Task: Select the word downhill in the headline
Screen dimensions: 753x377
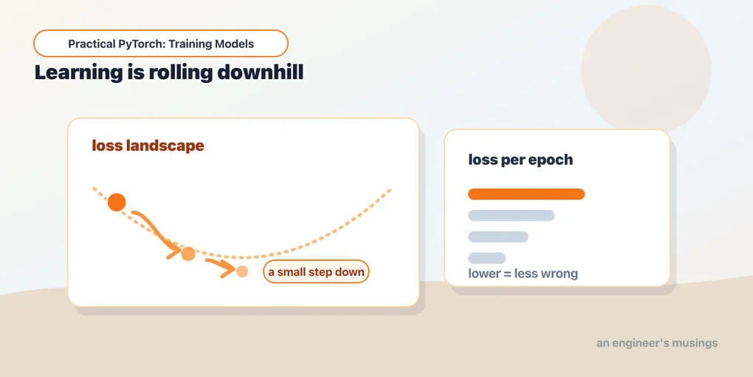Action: click(x=261, y=72)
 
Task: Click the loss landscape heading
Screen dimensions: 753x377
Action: click(x=148, y=146)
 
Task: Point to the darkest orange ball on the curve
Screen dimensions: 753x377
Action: click(x=117, y=203)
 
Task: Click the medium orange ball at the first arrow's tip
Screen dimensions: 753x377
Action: click(x=188, y=254)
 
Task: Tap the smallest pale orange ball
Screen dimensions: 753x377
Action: click(x=242, y=271)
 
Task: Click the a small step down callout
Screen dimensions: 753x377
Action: click(x=316, y=272)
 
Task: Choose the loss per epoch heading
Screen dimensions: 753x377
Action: click(x=520, y=160)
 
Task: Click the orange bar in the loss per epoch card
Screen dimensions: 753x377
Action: click(x=526, y=194)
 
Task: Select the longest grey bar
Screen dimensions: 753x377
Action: click(x=512, y=215)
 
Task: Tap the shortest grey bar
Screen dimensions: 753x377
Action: click(x=487, y=258)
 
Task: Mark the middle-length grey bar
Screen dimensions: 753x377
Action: click(x=498, y=237)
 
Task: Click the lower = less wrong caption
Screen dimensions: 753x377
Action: click(x=523, y=274)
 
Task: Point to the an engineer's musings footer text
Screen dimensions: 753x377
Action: click(x=657, y=343)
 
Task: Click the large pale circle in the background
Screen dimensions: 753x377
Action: click(x=647, y=69)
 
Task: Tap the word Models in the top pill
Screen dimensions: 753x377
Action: click(x=235, y=44)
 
